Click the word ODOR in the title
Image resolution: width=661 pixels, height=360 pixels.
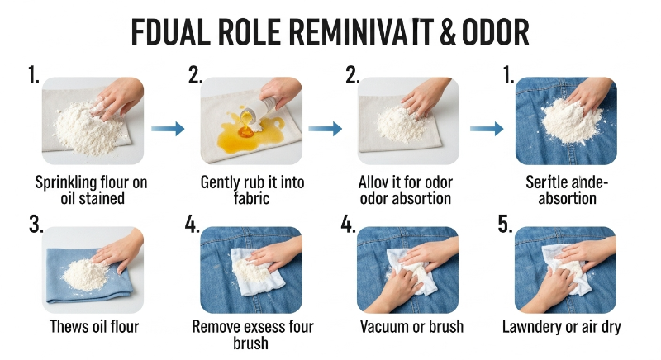pyautogui.click(x=495, y=32)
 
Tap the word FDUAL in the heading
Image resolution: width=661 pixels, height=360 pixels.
pyautogui.click(x=171, y=32)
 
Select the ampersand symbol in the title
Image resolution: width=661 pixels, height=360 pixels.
pyautogui.click(x=447, y=32)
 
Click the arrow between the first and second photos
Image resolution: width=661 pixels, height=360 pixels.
pyautogui.click(x=168, y=129)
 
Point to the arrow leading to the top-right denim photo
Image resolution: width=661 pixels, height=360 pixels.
pyautogui.click(x=487, y=129)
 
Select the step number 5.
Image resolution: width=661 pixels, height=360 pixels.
pyautogui.click(x=505, y=224)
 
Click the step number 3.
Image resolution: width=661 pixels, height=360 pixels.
pyautogui.click(x=36, y=224)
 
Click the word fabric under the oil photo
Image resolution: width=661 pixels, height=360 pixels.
pyautogui.click(x=251, y=198)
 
